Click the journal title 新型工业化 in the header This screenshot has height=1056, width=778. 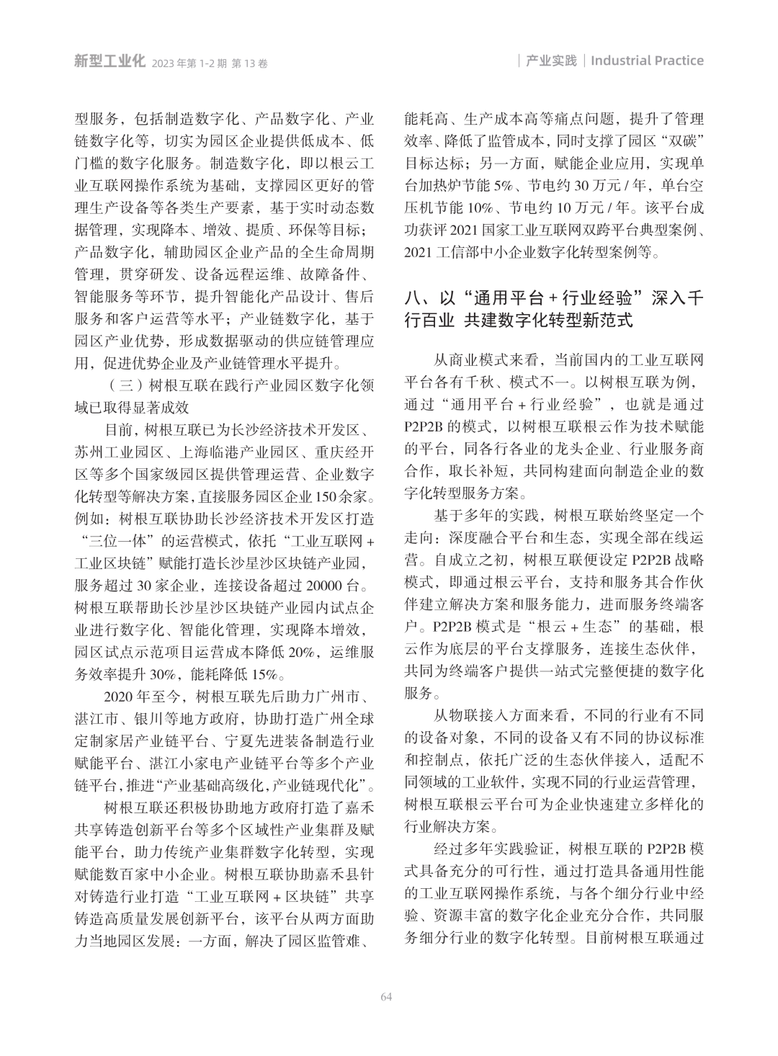(x=109, y=61)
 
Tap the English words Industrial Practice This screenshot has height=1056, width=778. (x=647, y=61)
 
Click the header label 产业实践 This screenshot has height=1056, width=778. (x=552, y=61)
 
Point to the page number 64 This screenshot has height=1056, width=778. (x=387, y=996)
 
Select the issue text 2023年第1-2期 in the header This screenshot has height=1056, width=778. (x=189, y=63)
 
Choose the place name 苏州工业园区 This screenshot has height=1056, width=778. (x=120, y=454)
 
